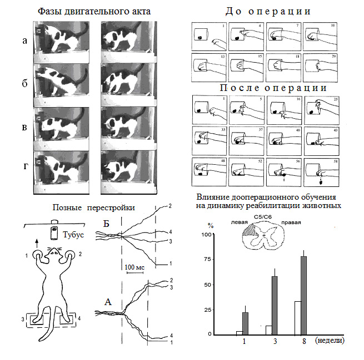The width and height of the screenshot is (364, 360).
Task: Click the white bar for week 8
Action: [298, 318]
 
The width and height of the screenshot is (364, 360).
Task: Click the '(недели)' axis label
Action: [330, 340]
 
